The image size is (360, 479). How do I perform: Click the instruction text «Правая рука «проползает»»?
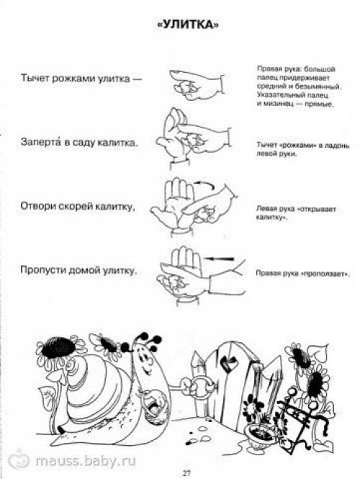point(292,274)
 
